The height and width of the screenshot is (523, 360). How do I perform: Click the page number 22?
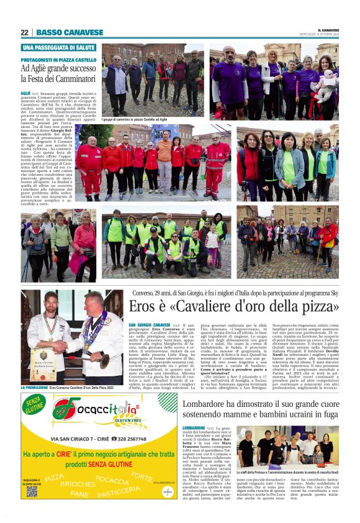pos(25,32)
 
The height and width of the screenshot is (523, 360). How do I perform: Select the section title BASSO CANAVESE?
pos(70,32)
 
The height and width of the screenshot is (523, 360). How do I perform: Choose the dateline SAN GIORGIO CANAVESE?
pos(150,325)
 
